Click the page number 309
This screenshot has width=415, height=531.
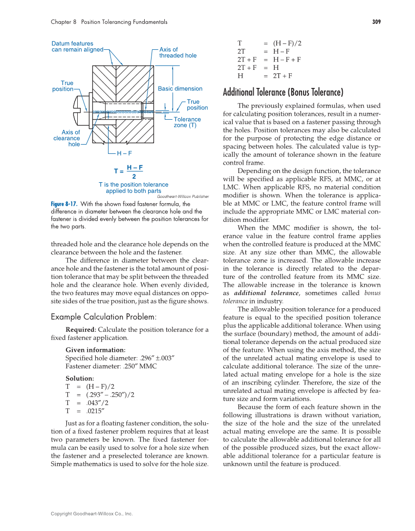pos(376,22)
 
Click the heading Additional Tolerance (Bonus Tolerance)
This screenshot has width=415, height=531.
pos(283,92)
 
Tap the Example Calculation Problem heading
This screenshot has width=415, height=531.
pos(104,317)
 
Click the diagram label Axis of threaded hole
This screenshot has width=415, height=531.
pos(178,53)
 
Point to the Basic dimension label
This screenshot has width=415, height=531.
pos(180,88)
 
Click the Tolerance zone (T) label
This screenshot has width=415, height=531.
pos(187,122)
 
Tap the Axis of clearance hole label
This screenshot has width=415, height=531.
pos(67,138)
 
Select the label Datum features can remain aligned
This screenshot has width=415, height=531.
pos(77,46)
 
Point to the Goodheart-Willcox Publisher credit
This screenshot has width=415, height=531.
pos(183,196)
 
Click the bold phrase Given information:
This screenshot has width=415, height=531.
pos(95,350)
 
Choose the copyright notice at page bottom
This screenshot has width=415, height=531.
pos(91,514)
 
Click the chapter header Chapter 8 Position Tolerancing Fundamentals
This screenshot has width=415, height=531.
pos(109,22)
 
